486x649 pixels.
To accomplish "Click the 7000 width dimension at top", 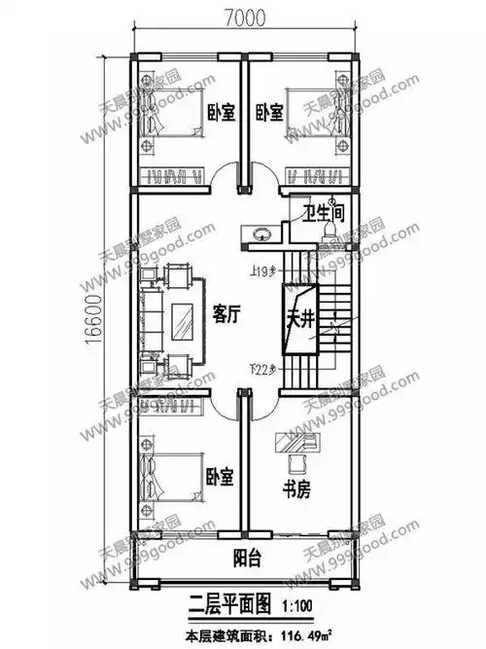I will tap(244, 17).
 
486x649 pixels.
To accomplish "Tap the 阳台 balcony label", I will tap(247, 559).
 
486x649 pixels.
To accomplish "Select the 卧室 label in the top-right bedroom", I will tap(269, 112).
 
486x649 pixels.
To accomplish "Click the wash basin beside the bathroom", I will tap(260, 234).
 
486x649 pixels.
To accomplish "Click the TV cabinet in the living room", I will tap(183, 317).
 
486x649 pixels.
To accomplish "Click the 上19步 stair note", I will tap(258, 271).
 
